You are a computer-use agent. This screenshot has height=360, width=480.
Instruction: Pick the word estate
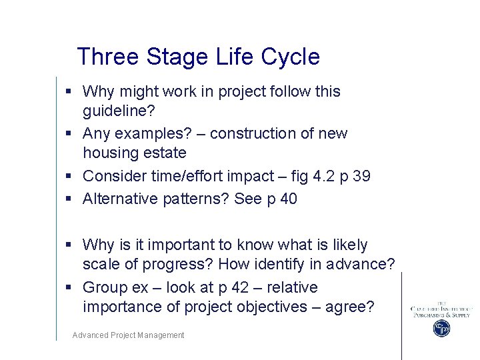pos(165,153)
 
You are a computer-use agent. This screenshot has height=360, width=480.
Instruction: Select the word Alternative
pos(119,199)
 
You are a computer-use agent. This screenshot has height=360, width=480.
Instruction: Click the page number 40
pos(287,199)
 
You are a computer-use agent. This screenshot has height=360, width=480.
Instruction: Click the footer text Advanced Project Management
pos(128,335)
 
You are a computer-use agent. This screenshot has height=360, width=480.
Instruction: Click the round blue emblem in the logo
pos(441,328)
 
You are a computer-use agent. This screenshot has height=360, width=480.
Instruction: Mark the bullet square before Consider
pos(69,176)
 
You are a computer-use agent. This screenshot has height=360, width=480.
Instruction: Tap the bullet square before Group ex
pos(69,287)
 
